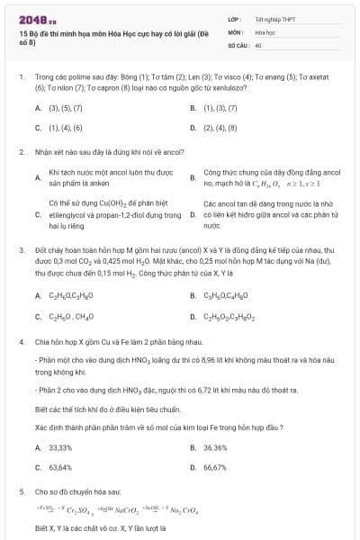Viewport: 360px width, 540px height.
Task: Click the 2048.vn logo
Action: pos(37,17)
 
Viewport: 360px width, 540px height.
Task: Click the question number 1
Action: pos(21,77)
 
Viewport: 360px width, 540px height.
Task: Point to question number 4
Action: pos(21,342)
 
